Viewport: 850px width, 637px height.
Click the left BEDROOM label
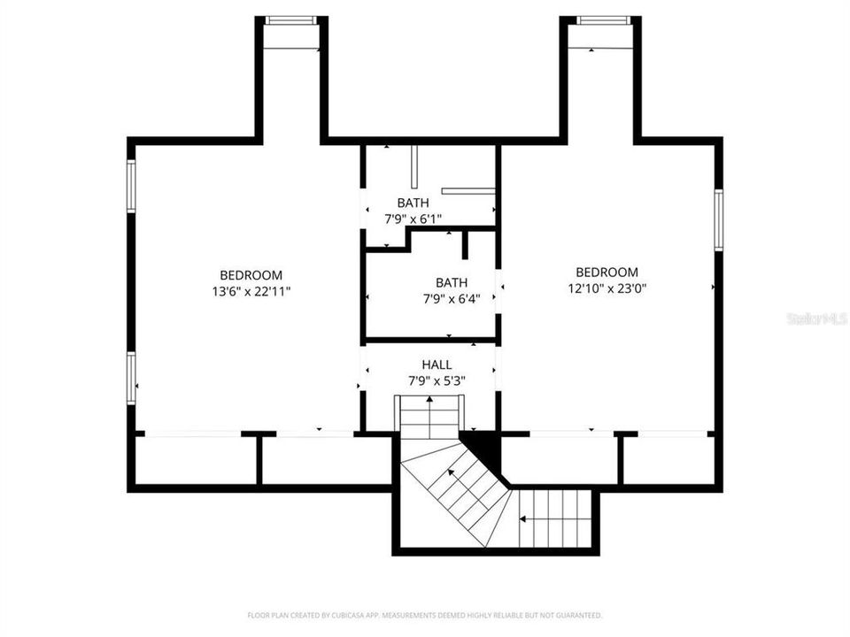pyautogui.click(x=251, y=274)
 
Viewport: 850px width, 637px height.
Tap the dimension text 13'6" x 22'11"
pyautogui.click(x=251, y=291)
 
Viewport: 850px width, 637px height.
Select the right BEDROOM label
pyautogui.click(x=607, y=272)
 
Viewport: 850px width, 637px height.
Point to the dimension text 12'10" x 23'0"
pyautogui.click(x=607, y=288)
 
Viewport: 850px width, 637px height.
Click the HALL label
pyautogui.click(x=437, y=365)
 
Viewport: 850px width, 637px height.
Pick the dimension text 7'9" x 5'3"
pyautogui.click(x=437, y=380)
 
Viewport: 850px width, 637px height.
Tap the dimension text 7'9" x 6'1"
pyautogui.click(x=413, y=219)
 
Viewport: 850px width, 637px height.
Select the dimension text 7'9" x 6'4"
pyautogui.click(x=451, y=299)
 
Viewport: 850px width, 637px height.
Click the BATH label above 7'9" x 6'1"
pyautogui.click(x=413, y=203)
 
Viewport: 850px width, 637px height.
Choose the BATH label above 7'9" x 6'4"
pyautogui.click(x=451, y=282)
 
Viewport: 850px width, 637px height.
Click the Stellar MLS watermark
pyautogui.click(x=816, y=318)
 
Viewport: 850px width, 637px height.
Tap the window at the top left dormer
pyautogui.click(x=291, y=20)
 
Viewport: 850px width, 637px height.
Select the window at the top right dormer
pyautogui.click(x=603, y=20)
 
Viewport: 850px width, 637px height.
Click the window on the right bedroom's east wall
pyautogui.click(x=719, y=220)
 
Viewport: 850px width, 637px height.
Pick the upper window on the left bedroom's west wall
pyautogui.click(x=131, y=186)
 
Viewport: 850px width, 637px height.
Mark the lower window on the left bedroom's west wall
pyautogui.click(x=131, y=378)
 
